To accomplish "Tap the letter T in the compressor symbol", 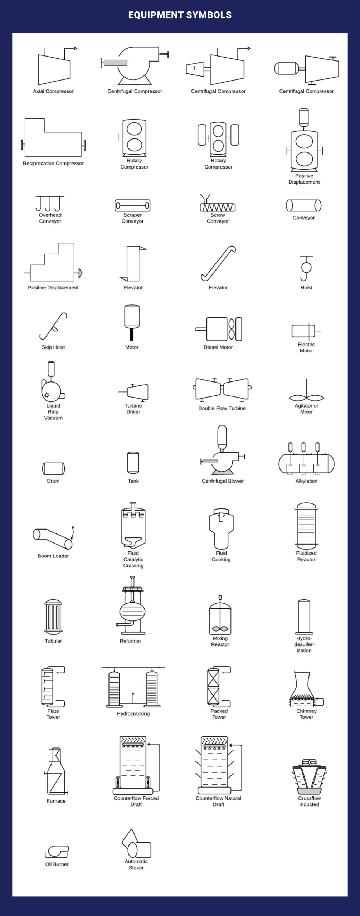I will (195, 68).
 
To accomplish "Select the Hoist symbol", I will (306, 268).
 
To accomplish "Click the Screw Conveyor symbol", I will (218, 204).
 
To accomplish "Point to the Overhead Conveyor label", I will (50, 218).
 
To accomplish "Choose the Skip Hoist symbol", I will (54, 326).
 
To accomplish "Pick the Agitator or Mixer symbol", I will (306, 393).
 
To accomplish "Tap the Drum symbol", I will (53, 468).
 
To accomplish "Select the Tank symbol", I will (133, 463).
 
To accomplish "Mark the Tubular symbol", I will (53, 617).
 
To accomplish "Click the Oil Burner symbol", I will (57, 852).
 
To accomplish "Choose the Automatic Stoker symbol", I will (136, 845).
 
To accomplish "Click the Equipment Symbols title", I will (180, 15).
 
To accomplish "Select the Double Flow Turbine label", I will (222, 408).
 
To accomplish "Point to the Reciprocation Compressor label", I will (53, 164).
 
